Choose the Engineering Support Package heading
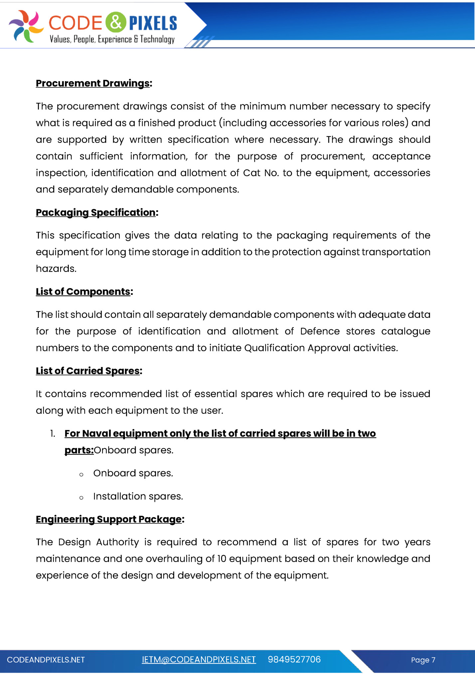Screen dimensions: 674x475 (109, 519)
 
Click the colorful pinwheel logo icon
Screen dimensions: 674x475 (26, 26)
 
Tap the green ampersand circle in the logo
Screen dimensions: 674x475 (115, 22)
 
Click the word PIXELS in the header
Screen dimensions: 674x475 (153, 23)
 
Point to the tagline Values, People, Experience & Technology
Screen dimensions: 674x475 (112, 39)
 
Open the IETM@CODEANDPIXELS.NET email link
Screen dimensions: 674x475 (199, 660)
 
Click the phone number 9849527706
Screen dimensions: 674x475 (294, 660)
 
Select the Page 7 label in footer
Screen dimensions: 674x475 (423, 660)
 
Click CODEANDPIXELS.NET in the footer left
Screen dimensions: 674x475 (46, 660)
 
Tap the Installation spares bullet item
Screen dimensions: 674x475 (138, 496)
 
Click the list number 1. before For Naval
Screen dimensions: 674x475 (53, 433)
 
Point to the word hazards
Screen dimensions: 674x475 (56, 269)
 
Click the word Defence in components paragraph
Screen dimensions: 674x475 (320, 331)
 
